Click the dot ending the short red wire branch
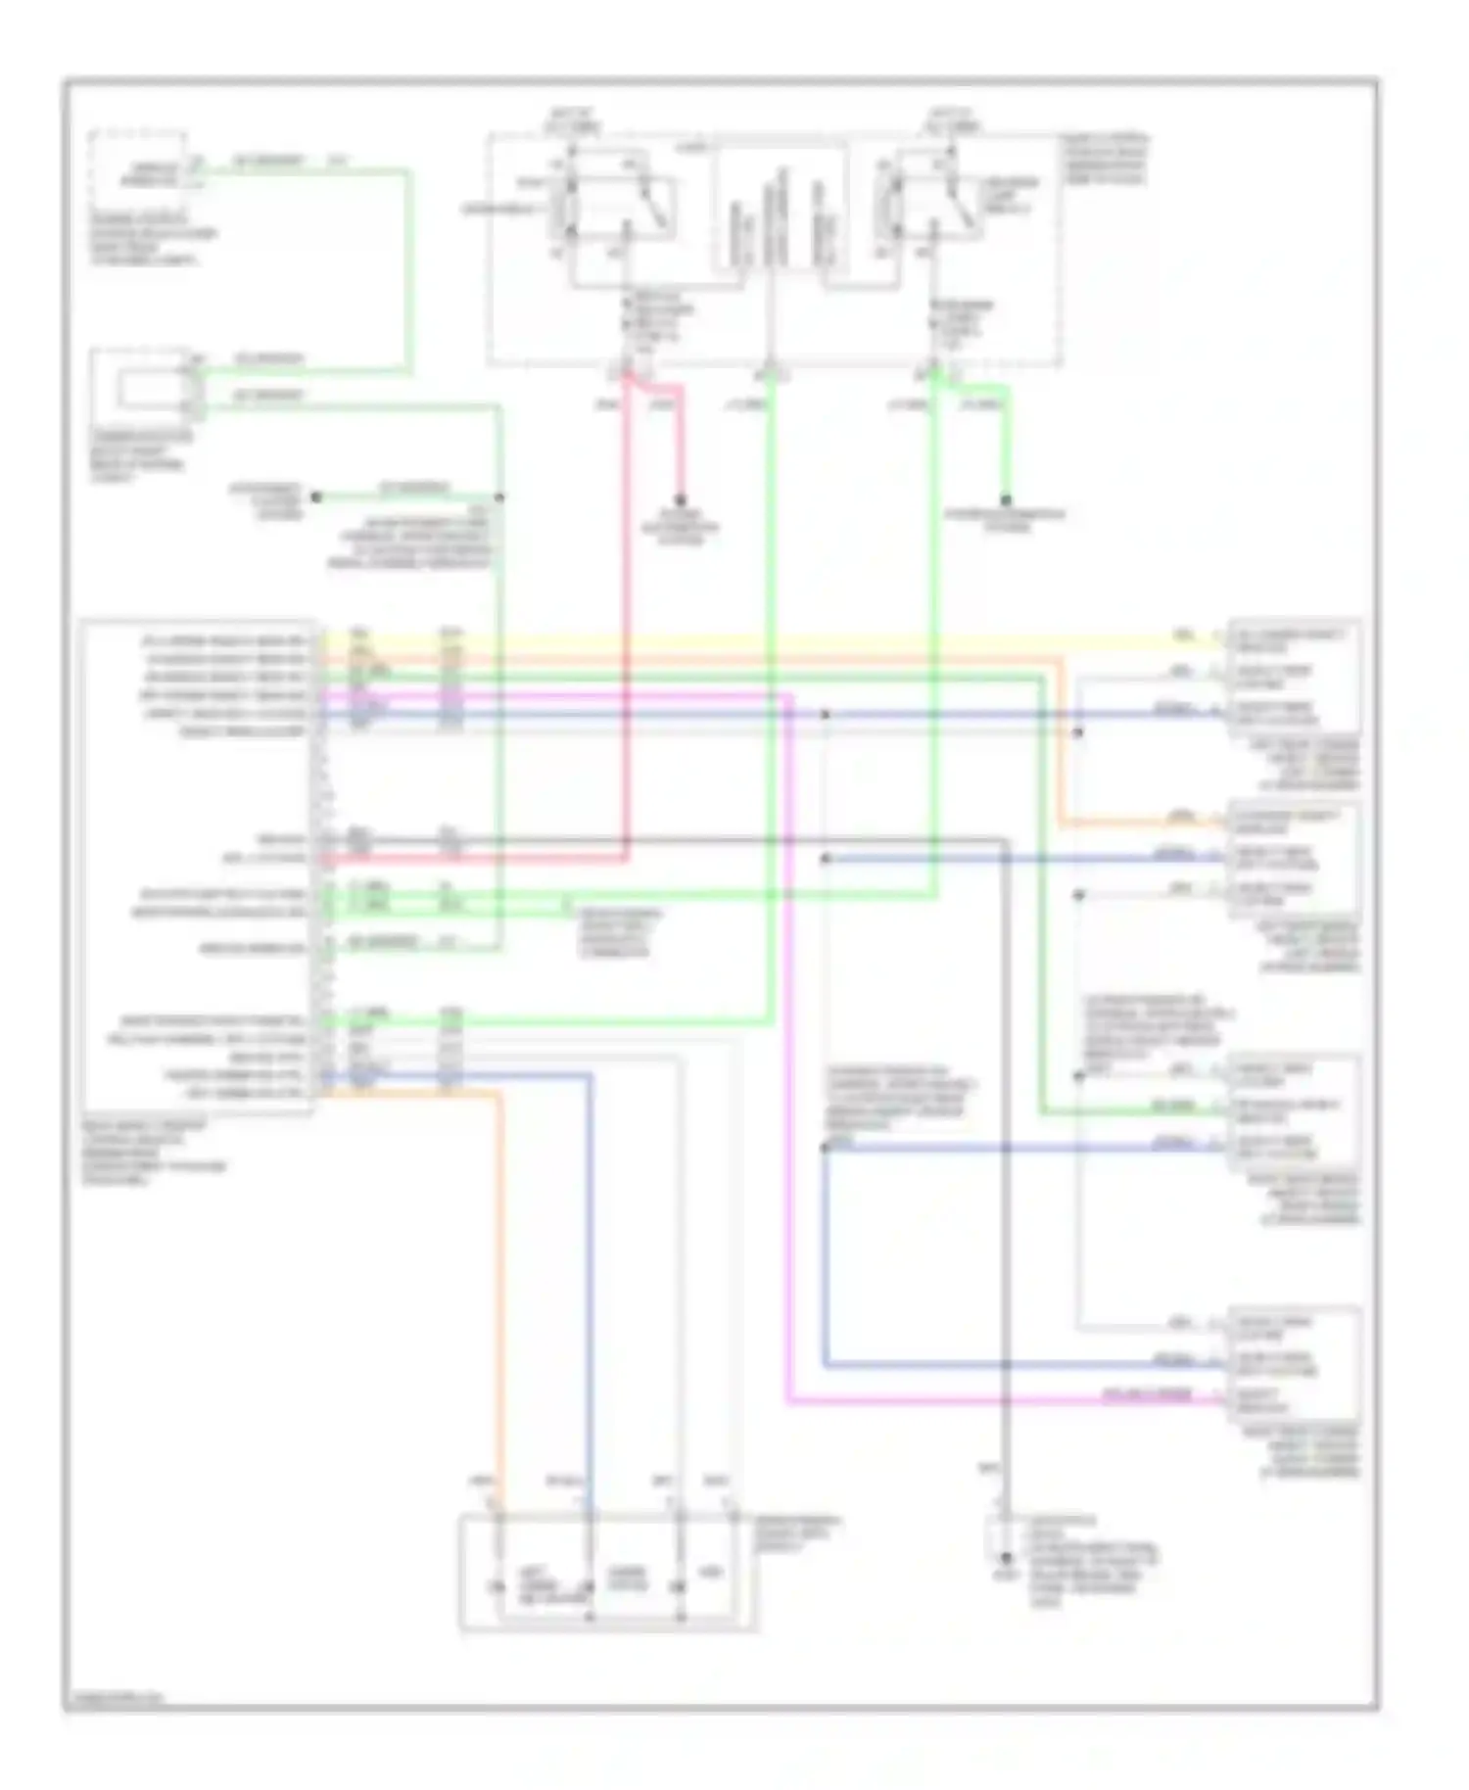680,500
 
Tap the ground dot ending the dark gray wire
1006,1557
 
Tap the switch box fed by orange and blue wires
607,1572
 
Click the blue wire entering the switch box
590,1273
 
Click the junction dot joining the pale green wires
499,497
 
